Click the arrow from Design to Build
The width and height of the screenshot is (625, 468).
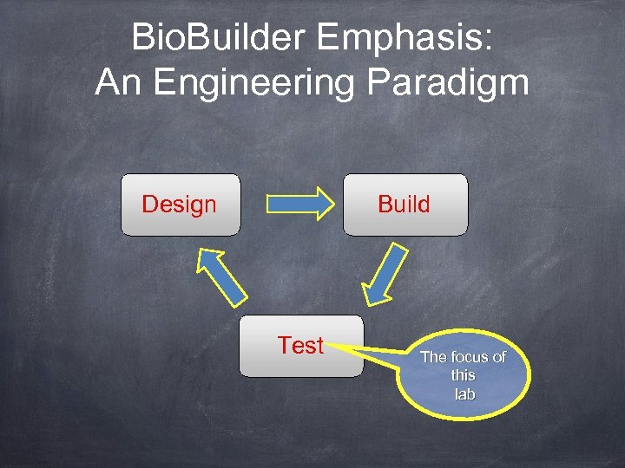click(x=299, y=204)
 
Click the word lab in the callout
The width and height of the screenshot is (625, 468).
click(x=464, y=394)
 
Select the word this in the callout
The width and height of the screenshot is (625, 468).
click(x=464, y=375)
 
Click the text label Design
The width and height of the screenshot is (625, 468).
click(x=179, y=205)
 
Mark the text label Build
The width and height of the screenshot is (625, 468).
click(x=404, y=205)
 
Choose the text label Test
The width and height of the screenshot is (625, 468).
click(x=300, y=345)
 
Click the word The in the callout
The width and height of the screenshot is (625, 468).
click(x=433, y=357)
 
